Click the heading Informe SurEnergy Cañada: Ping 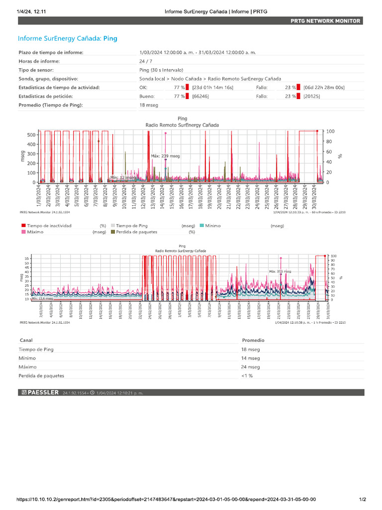point(68,38)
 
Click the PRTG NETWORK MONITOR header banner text point(326,20)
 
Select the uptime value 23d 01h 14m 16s point(212,88)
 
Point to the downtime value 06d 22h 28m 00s point(324,88)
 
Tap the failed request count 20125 point(311,96)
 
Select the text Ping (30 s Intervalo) point(161,70)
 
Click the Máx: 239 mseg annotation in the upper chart point(165,156)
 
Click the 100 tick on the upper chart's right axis point(330,131)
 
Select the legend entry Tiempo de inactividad point(49,226)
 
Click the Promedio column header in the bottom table point(253,340)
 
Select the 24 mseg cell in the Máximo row point(251,367)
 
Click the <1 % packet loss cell point(248,376)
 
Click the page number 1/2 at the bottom point(363,500)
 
